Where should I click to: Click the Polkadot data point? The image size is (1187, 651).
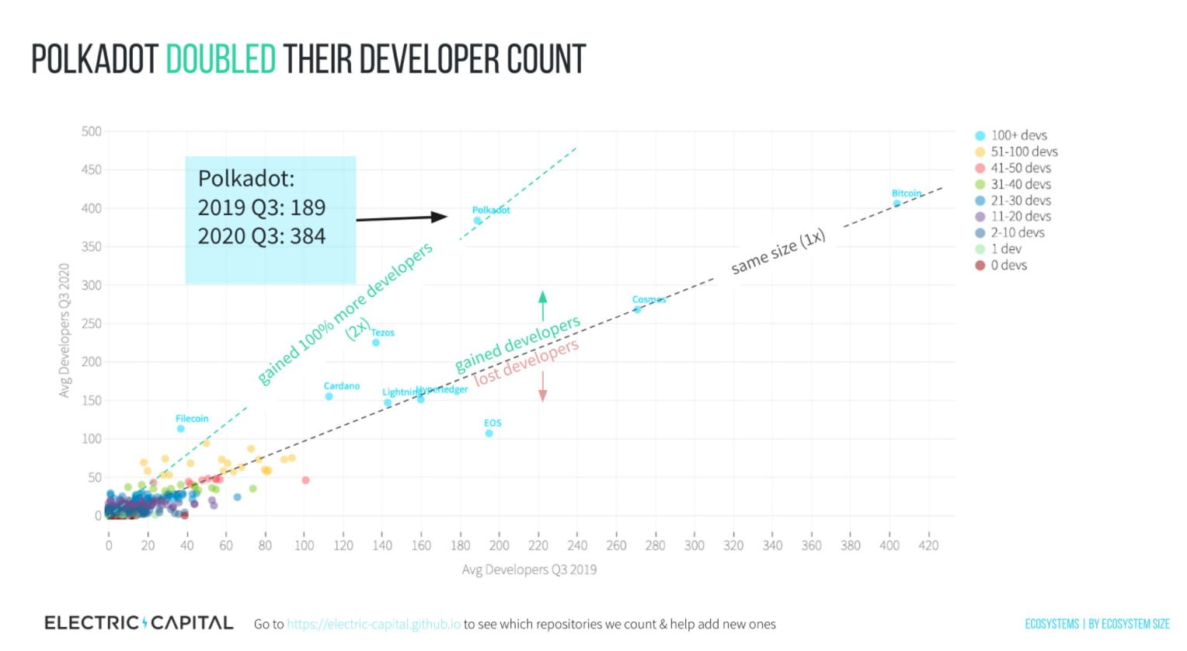pos(478,221)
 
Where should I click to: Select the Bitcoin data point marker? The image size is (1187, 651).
pos(896,204)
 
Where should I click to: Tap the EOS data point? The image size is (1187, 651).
pos(489,433)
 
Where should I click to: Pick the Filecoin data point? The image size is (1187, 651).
pos(181,429)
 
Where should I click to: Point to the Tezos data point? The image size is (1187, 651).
pos(376,343)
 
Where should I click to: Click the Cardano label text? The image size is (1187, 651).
pos(342,386)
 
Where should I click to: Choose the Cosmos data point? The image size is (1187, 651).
pos(638,309)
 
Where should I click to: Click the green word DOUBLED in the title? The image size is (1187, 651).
pos(221,60)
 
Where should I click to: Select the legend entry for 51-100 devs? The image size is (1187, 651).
pos(1023,151)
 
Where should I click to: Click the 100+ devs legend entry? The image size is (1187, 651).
pos(1018,135)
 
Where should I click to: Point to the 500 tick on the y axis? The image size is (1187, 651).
pos(92,131)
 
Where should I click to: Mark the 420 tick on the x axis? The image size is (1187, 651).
pos(928,545)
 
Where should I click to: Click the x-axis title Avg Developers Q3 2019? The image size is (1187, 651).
pos(529,569)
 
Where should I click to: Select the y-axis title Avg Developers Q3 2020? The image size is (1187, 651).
pos(64,330)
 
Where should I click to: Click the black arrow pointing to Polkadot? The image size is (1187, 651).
pos(402,218)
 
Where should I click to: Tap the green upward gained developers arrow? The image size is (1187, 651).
pos(542,305)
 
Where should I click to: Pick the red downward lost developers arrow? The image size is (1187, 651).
pos(542,386)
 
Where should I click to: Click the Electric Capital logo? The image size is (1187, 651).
pos(138,623)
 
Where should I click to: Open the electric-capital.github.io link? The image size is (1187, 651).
pos(374,625)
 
